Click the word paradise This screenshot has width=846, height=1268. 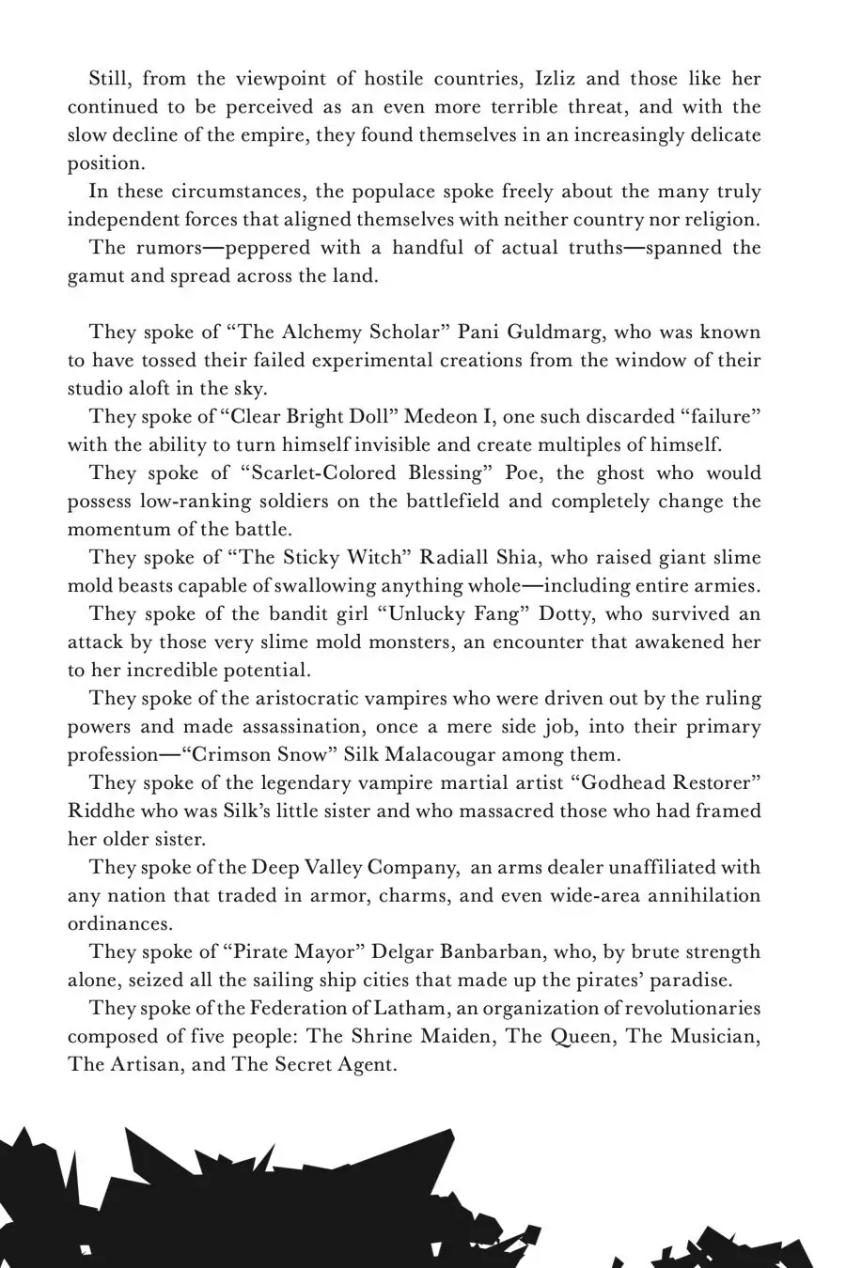[685, 981]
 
